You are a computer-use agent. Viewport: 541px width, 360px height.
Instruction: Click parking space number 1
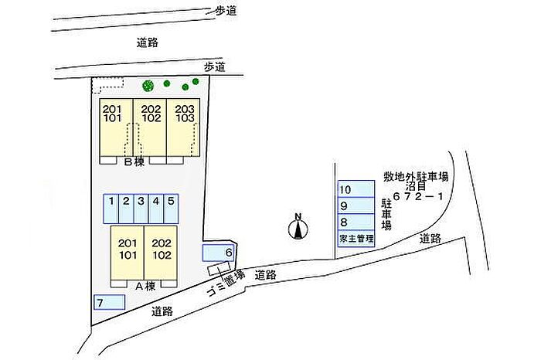click(111, 209)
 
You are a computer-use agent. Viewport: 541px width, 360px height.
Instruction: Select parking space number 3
click(141, 209)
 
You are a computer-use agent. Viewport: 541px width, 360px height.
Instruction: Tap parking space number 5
click(171, 209)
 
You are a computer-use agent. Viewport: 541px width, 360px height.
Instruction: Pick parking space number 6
click(218, 253)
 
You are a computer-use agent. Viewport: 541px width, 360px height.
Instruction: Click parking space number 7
click(110, 302)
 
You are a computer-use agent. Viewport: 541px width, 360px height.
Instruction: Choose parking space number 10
click(356, 189)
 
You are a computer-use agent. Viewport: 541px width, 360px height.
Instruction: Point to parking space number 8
click(356, 222)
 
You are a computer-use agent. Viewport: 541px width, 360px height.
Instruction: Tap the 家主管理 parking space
click(356, 239)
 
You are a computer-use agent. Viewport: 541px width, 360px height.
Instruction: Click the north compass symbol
click(298, 227)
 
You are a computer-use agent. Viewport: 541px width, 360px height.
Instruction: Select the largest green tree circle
click(148, 86)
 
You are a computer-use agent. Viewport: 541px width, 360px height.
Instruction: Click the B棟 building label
click(134, 161)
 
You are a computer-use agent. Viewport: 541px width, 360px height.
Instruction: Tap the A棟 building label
click(145, 286)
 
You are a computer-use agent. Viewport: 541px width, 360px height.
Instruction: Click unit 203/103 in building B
click(184, 127)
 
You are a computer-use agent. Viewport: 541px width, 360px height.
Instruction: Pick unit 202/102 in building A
click(161, 253)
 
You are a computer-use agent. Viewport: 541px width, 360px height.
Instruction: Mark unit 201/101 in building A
click(128, 253)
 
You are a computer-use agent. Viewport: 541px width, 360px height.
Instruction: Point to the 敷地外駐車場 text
click(416, 177)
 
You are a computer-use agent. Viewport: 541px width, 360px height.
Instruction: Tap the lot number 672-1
click(417, 196)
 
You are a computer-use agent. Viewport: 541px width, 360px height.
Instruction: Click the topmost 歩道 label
click(226, 11)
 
